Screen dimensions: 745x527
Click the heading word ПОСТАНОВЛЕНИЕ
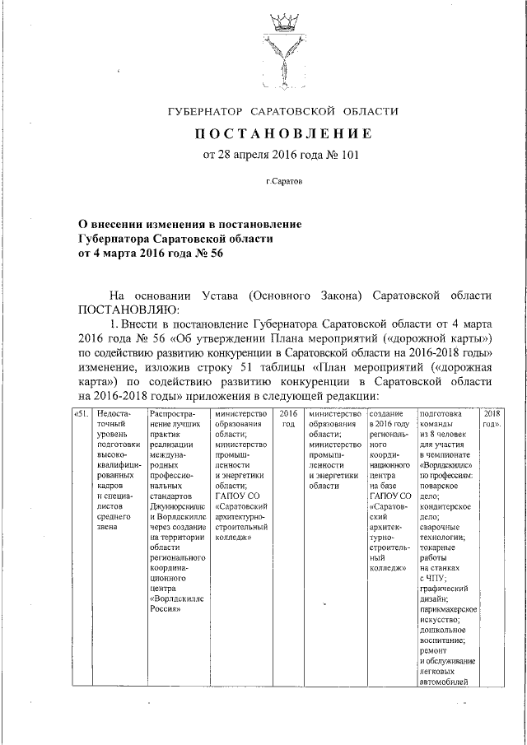pyautogui.click(x=282, y=133)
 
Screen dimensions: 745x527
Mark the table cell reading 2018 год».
pyautogui.click(x=491, y=418)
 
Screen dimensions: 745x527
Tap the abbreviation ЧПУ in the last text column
pyautogui.click(x=439, y=578)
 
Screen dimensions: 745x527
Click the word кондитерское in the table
pyautogui.click(x=445, y=507)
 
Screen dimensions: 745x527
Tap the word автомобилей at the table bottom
pyautogui.click(x=444, y=682)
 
